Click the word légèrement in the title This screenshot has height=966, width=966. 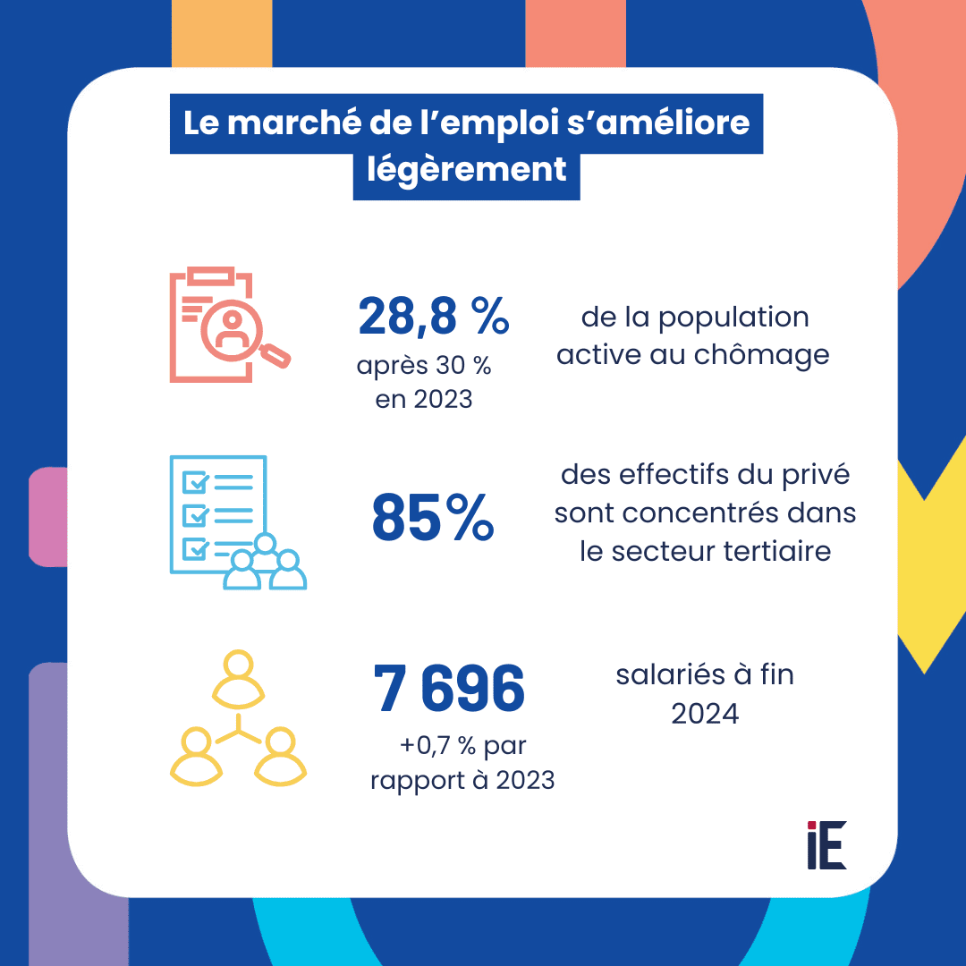click(467, 168)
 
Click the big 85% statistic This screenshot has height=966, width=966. click(433, 519)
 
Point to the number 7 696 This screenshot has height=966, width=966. click(450, 691)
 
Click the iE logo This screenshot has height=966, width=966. click(826, 844)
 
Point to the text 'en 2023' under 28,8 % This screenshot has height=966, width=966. click(423, 399)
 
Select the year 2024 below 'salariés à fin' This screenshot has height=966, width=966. click(705, 714)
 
